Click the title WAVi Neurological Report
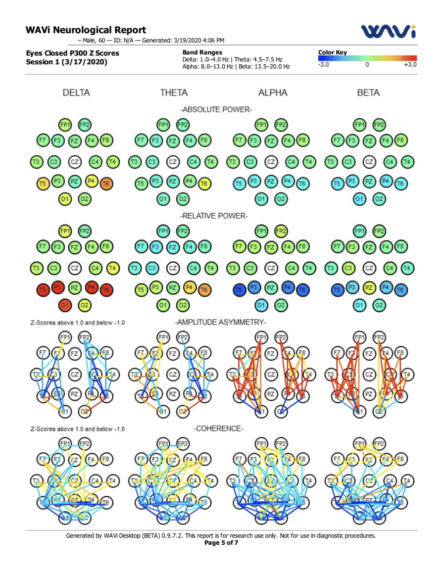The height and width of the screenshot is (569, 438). click(86, 31)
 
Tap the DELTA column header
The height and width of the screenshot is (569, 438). click(76, 93)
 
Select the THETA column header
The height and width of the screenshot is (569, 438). click(174, 93)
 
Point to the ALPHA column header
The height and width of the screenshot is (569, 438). click(272, 93)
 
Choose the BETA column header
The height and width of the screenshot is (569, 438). click(368, 93)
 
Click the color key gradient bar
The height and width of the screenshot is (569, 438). click(367, 58)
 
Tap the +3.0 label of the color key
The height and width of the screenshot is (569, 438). click(410, 65)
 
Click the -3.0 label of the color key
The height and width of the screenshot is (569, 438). click(325, 65)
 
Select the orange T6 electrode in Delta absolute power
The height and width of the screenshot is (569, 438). click(106, 184)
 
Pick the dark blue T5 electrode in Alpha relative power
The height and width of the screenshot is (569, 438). click(240, 288)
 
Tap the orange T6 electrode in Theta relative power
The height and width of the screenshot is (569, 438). click(203, 288)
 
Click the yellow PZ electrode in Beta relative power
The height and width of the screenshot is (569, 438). click(369, 287)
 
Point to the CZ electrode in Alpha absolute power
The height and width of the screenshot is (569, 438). click(271, 161)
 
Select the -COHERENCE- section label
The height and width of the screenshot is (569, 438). click(219, 428)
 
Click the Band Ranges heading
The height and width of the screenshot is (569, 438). click(202, 52)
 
